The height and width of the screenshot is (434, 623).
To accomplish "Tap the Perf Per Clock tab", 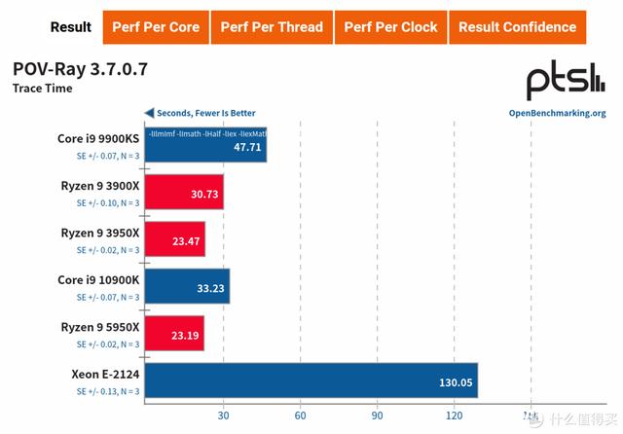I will [x=390, y=27].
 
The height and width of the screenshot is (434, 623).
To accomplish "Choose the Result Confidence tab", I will [x=517, y=27].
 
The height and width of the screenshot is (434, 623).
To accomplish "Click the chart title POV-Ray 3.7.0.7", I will [x=80, y=70].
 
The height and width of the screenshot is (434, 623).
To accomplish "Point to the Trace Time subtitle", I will [x=42, y=89].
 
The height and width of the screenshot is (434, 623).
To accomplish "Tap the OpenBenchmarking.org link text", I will [x=557, y=113].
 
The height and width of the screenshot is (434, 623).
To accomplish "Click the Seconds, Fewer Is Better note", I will [x=201, y=113].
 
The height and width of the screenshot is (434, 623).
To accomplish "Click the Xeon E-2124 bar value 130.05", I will [x=455, y=382].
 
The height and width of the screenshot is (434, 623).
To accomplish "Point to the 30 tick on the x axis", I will [x=223, y=416].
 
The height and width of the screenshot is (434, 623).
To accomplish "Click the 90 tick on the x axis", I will [x=377, y=416].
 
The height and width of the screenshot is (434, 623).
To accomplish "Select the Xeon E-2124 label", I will [x=105, y=374].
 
